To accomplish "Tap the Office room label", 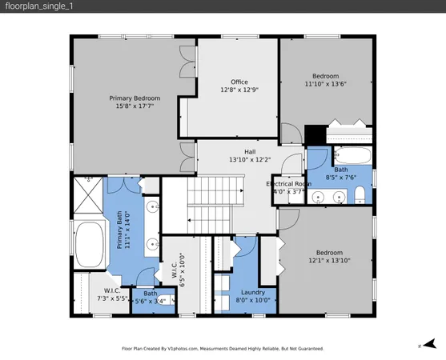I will click(239, 82).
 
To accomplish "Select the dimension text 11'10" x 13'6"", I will click(326, 83).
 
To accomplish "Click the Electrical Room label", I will click(289, 184).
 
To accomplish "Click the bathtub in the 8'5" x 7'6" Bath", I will click(352, 154).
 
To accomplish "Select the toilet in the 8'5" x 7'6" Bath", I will click(361, 194).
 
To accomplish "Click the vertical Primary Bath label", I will click(127, 232).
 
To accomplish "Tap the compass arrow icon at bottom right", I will click(429, 343).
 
